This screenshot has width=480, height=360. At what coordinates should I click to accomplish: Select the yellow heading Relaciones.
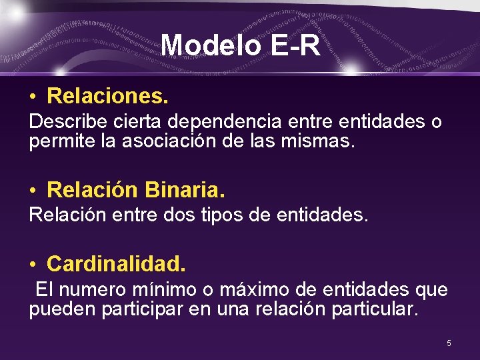[107, 96]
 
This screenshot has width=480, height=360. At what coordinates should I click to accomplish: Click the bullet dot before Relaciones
[33, 97]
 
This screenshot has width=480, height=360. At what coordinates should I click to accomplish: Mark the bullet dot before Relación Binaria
[33, 192]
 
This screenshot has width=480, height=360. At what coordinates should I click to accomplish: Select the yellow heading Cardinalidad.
[116, 264]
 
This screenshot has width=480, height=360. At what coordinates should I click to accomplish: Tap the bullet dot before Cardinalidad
[33, 265]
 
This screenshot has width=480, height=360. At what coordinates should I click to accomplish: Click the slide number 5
[449, 343]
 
